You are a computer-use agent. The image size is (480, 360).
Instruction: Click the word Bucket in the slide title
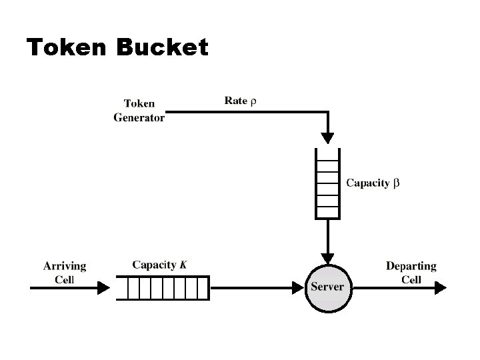162,47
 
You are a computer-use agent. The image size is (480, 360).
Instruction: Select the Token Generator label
139,111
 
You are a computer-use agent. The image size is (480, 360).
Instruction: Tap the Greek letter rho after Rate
253,101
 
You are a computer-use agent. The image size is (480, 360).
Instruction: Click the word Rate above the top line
236,101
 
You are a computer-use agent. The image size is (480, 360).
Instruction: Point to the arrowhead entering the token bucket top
327,137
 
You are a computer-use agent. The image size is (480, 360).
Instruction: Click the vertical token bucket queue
327,184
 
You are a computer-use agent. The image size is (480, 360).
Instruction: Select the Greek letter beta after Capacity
396,183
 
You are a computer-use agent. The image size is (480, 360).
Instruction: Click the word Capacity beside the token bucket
367,183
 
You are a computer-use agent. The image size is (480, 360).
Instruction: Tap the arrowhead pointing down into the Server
327,257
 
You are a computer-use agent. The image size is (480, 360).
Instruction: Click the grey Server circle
327,287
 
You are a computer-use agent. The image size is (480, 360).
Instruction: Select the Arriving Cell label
65,272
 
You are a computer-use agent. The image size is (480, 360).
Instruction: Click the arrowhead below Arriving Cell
103,287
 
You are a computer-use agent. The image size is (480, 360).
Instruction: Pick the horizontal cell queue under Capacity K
166,288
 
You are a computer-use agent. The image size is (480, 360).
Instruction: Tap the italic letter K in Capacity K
183,265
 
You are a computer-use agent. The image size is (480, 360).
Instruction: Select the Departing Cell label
411,272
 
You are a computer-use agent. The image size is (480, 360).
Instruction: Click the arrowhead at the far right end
441,287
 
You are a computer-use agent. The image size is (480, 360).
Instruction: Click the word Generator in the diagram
139,117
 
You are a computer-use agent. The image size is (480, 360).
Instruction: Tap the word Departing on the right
411,266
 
